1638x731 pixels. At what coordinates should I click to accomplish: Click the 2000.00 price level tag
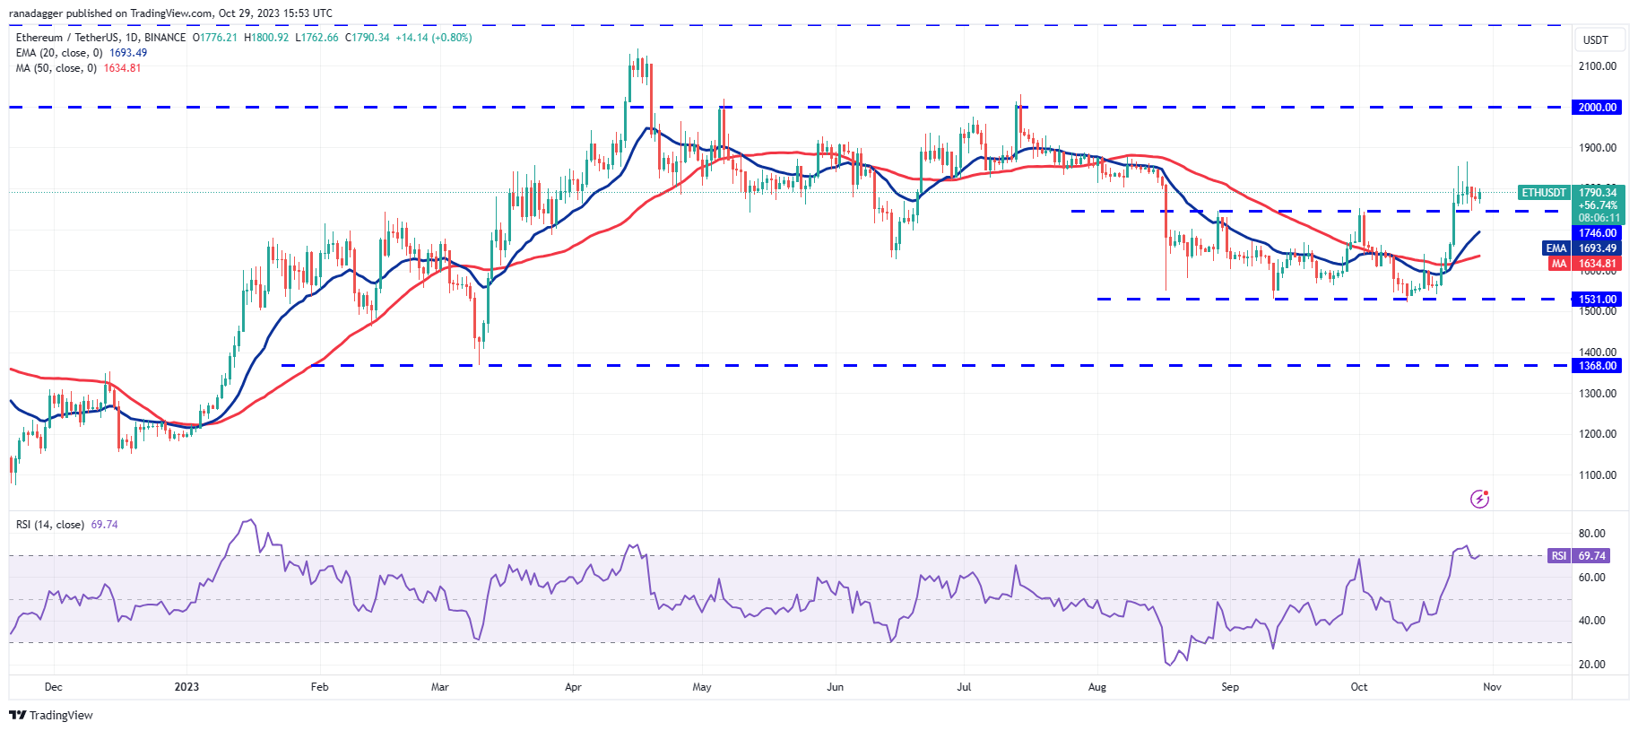pyautogui.click(x=1598, y=108)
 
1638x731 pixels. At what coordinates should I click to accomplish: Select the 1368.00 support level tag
pyautogui.click(x=1598, y=366)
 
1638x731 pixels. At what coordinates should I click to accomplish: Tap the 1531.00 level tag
pyautogui.click(x=1598, y=300)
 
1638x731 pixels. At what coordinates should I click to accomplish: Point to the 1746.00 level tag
pyautogui.click(x=1598, y=233)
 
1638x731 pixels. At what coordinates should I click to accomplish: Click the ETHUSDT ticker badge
pyautogui.click(x=1544, y=193)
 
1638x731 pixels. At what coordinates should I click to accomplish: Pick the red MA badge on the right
pyautogui.click(x=1559, y=264)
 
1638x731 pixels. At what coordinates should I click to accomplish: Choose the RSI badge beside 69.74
pyautogui.click(x=1559, y=556)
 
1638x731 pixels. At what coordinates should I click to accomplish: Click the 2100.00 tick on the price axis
pyautogui.click(x=1598, y=66)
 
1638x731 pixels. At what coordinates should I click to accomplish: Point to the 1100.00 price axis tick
pyautogui.click(x=1598, y=475)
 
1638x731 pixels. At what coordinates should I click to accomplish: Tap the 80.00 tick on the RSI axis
pyautogui.click(x=1592, y=534)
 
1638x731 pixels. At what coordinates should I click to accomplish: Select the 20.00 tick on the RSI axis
pyautogui.click(x=1592, y=665)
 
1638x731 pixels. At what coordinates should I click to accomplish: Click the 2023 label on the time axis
pyautogui.click(x=186, y=687)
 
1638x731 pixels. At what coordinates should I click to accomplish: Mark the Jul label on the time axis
pyautogui.click(x=964, y=687)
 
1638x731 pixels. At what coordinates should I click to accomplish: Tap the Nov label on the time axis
pyautogui.click(x=1492, y=687)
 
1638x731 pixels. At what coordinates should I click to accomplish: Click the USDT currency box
pyautogui.click(x=1596, y=40)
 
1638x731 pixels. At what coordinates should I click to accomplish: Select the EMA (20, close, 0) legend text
pyautogui.click(x=59, y=53)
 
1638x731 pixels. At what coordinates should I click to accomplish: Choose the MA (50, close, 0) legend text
pyautogui.click(x=56, y=68)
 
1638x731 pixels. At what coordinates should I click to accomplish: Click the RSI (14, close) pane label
pyautogui.click(x=50, y=525)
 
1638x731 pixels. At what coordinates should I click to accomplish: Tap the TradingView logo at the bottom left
pyautogui.click(x=51, y=715)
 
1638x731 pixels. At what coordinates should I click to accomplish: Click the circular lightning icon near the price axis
pyautogui.click(x=1479, y=499)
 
